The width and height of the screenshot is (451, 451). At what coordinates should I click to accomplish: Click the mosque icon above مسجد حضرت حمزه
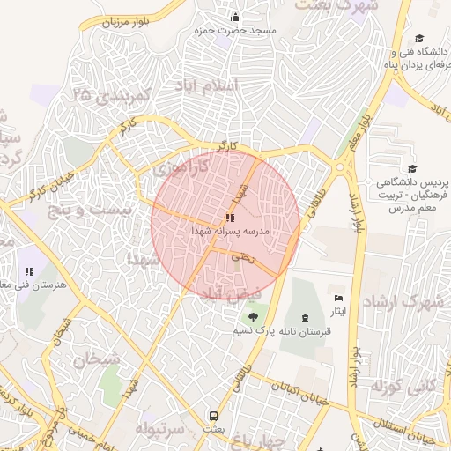pyautogui.click(x=235, y=17)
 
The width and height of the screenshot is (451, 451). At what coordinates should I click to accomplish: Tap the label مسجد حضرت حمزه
pyautogui.click(x=238, y=30)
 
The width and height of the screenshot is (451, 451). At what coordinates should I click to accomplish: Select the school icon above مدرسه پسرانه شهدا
pyautogui.click(x=230, y=217)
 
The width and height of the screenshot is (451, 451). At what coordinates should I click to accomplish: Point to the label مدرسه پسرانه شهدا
pyautogui.click(x=229, y=231)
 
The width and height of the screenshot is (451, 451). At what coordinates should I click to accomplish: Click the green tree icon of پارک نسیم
pyautogui.click(x=255, y=316)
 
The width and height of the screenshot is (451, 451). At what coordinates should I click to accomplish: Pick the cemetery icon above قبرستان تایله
pyautogui.click(x=306, y=317)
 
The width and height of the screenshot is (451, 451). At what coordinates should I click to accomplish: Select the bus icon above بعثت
pyautogui.click(x=212, y=416)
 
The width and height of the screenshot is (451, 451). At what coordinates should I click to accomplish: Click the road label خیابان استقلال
pyautogui.click(x=399, y=431)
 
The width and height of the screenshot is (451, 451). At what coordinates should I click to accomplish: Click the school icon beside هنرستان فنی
pyautogui.click(x=29, y=272)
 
